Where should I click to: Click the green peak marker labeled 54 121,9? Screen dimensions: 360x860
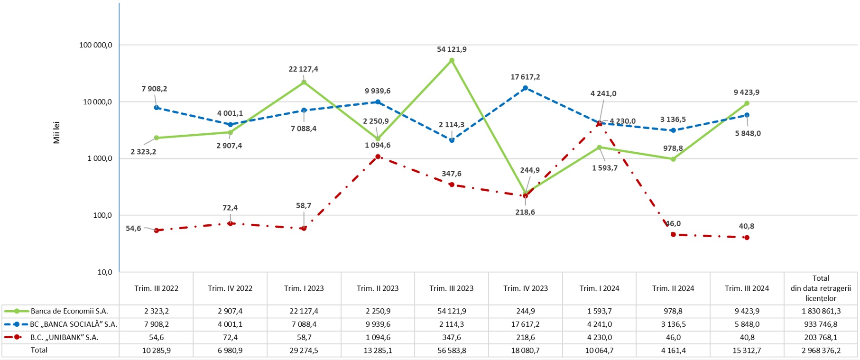coord(452,60)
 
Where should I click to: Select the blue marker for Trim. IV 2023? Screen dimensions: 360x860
coord(525,88)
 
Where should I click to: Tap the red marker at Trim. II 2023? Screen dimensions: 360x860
coord(378,157)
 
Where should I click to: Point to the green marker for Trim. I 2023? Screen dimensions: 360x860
coord(304,82)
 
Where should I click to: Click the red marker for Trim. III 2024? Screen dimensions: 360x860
coord(747,238)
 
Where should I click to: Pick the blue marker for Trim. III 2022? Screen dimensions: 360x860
coord(157,108)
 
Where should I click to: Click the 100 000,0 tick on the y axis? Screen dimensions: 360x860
coord(95,45)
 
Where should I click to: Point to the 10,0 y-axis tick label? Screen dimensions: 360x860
coord(104,272)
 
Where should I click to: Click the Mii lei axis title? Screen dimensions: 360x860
coord(57,133)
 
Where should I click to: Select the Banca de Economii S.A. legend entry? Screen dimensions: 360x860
coord(69,311)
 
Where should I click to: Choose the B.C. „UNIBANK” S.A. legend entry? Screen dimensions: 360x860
coord(64,337)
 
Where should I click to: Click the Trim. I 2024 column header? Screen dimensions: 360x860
coord(599,288)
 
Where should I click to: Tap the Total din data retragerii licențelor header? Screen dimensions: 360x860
coord(821,288)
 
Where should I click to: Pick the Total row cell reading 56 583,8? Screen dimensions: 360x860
coord(452,351)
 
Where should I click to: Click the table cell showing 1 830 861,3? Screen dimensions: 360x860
coord(821,311)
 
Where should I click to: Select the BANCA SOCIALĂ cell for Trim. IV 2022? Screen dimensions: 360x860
coord(230,324)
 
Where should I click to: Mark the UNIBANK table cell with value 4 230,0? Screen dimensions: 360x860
coord(599,337)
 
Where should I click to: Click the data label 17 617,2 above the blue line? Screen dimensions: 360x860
coord(525,77)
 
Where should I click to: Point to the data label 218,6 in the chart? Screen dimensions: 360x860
coord(525,212)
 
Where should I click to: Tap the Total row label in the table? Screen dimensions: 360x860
coord(39,350)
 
